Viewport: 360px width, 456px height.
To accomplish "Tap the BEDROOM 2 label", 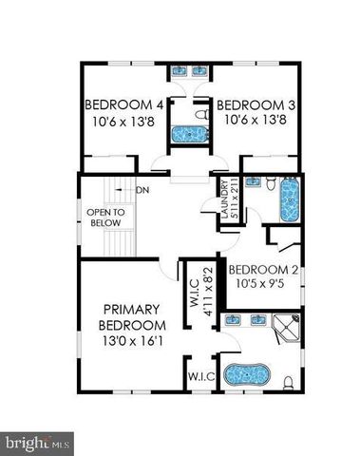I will click(x=265, y=269).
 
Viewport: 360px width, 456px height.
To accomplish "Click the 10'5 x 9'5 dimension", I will click(x=265, y=282).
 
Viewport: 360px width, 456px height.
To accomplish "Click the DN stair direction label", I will click(x=143, y=191).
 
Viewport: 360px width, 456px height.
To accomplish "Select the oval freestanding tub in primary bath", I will click(x=245, y=376).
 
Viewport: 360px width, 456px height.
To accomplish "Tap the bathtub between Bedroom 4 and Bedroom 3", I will click(x=190, y=134).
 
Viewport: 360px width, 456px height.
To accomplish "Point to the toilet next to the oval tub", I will click(x=289, y=381).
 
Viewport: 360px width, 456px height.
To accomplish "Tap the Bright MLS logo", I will click(x=38, y=441).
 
